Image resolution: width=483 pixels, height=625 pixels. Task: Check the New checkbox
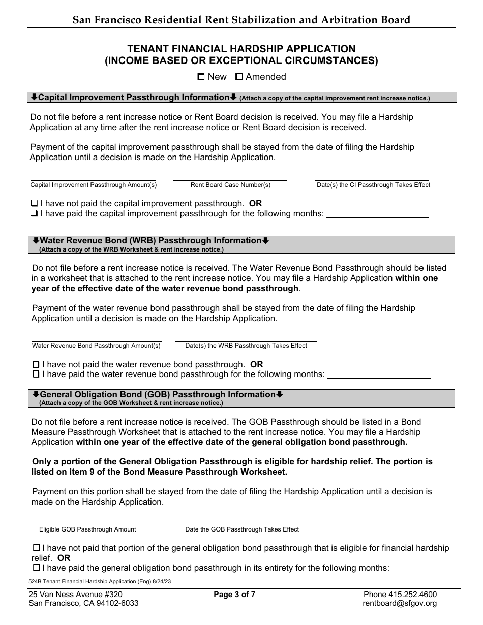[x=201, y=77]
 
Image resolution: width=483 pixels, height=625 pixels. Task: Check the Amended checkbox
[x=239, y=77]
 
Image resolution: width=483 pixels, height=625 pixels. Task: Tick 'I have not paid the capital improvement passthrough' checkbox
[x=34, y=203]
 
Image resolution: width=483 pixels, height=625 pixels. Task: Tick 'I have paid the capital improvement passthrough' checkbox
[x=34, y=213]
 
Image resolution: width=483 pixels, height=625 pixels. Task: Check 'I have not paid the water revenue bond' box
[x=36, y=364]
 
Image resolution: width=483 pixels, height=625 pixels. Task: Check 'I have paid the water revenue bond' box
[x=36, y=374]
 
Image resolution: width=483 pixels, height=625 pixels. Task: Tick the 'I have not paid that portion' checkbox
[x=36, y=548]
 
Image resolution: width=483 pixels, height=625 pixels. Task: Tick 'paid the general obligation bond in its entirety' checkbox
[x=36, y=567]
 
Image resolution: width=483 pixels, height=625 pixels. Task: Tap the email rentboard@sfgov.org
[x=400, y=603]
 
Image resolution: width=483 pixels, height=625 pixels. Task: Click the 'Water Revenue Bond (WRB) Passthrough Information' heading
[x=150, y=241]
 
